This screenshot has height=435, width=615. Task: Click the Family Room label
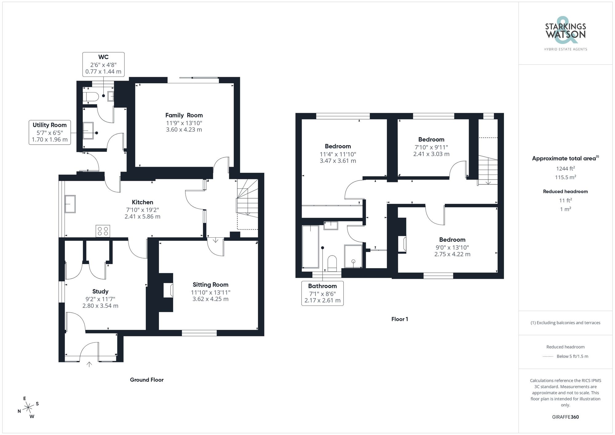pyautogui.click(x=184, y=115)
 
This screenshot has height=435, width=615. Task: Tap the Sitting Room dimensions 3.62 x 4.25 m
pyautogui.click(x=210, y=299)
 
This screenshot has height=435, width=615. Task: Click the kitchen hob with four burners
pyautogui.click(x=103, y=231)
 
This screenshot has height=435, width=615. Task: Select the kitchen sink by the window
pyautogui.click(x=70, y=204)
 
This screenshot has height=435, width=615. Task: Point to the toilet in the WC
pyautogui.click(x=90, y=97)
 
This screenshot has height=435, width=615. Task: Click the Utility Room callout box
pyautogui.click(x=50, y=132)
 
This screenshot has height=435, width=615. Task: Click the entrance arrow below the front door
pyautogui.click(x=89, y=365)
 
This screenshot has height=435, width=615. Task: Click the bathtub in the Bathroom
pyautogui.click(x=310, y=247)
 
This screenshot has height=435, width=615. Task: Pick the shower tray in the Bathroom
pyautogui.click(x=353, y=256)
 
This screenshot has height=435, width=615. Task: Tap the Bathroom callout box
pyautogui.click(x=322, y=293)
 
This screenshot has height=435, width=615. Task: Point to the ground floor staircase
pyautogui.click(x=247, y=198)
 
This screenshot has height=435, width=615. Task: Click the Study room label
pyautogui.click(x=100, y=291)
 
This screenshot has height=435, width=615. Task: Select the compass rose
pyautogui.click(x=28, y=408)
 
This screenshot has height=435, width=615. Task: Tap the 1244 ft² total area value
pyautogui.click(x=565, y=168)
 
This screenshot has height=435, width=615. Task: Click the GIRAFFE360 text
pyautogui.click(x=565, y=417)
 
